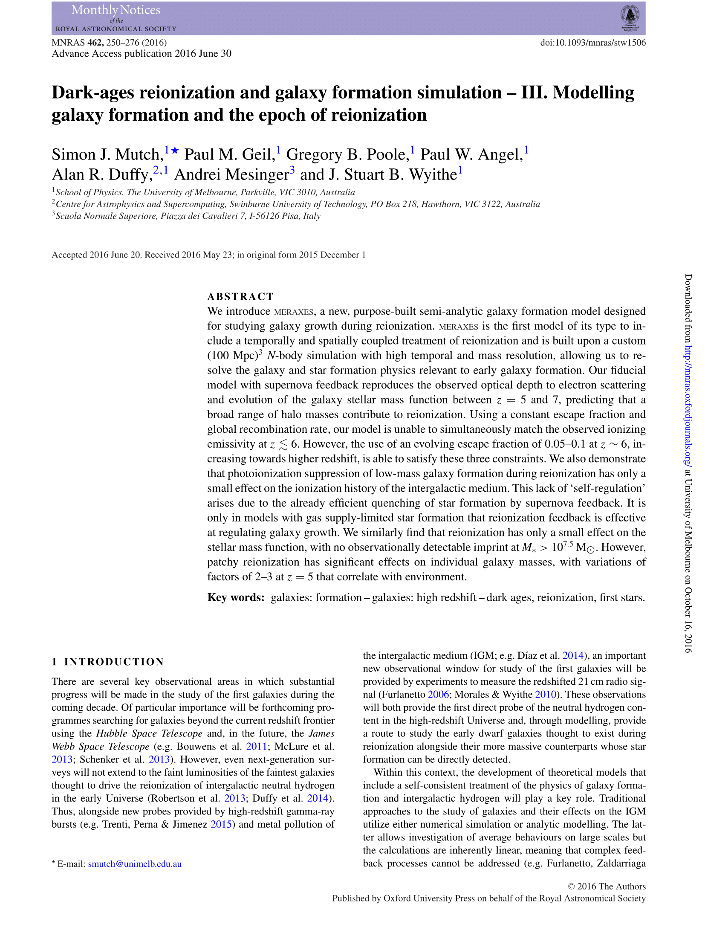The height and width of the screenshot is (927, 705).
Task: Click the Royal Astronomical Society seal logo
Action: coord(630,17)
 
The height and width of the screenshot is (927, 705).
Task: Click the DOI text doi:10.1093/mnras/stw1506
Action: coord(592,43)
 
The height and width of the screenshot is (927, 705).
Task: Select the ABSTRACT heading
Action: coord(240,296)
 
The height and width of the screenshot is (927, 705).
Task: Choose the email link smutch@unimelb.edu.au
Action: coord(135,863)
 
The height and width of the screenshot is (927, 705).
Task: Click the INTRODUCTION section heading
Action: coord(114,662)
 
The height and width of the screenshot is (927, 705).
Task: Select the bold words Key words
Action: coord(236,597)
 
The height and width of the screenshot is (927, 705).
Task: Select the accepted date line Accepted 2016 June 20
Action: coord(208,255)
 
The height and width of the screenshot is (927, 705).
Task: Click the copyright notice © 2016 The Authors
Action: coord(607,886)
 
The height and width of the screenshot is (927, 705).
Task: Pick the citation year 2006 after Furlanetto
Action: coord(438,694)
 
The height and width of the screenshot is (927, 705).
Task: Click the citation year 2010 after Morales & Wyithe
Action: coord(546,694)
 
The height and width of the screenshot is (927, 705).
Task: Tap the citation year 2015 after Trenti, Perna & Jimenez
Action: coord(221,824)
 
